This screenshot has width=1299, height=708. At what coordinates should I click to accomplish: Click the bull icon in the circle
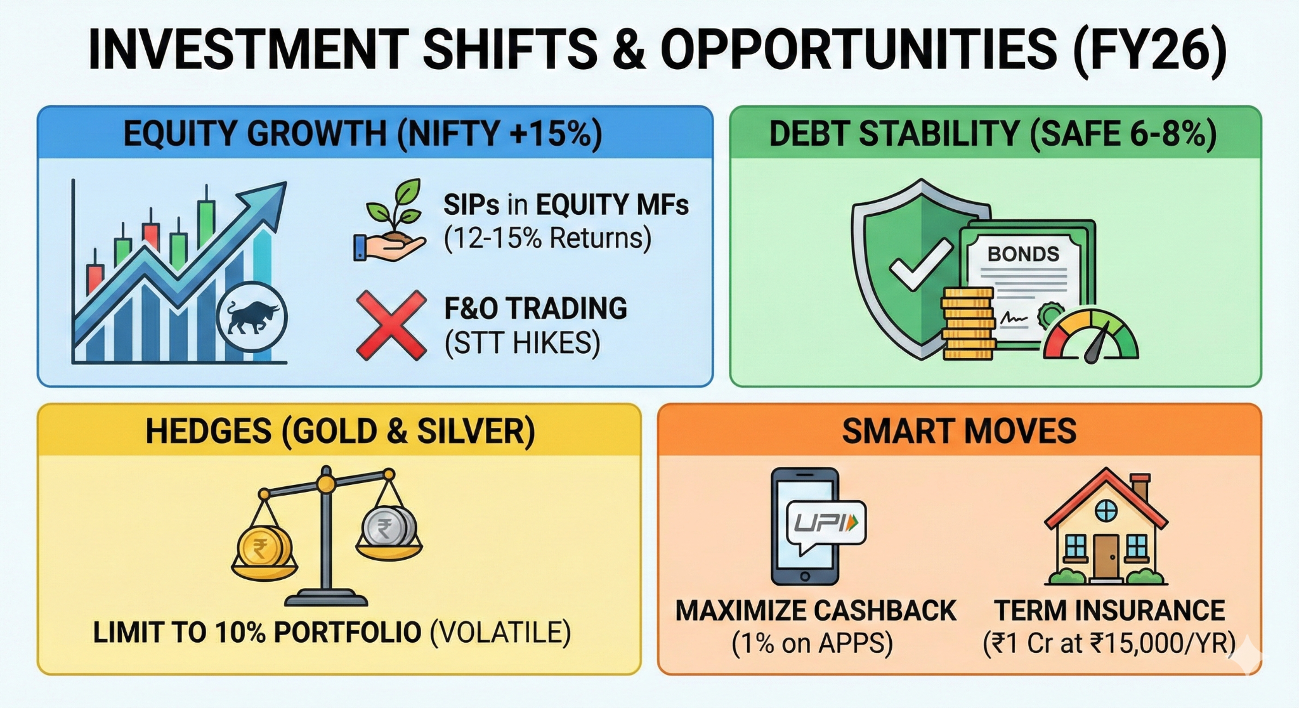(x=252, y=316)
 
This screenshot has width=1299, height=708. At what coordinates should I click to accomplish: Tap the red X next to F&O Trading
(x=391, y=325)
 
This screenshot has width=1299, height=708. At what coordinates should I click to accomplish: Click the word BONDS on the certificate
(x=1023, y=254)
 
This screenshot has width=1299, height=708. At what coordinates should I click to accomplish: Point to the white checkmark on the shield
(x=920, y=264)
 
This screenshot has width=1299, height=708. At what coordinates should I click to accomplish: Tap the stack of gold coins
(x=968, y=323)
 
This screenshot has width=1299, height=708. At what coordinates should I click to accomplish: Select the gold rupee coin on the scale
(x=264, y=546)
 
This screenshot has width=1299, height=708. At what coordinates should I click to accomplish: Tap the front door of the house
(x=1106, y=556)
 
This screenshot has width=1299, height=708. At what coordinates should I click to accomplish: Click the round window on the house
(x=1106, y=510)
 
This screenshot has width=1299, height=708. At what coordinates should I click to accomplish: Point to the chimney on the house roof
(x=1140, y=488)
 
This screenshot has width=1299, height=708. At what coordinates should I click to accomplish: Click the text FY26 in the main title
(x=1149, y=49)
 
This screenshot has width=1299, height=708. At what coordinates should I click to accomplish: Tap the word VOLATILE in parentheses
(x=500, y=633)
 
